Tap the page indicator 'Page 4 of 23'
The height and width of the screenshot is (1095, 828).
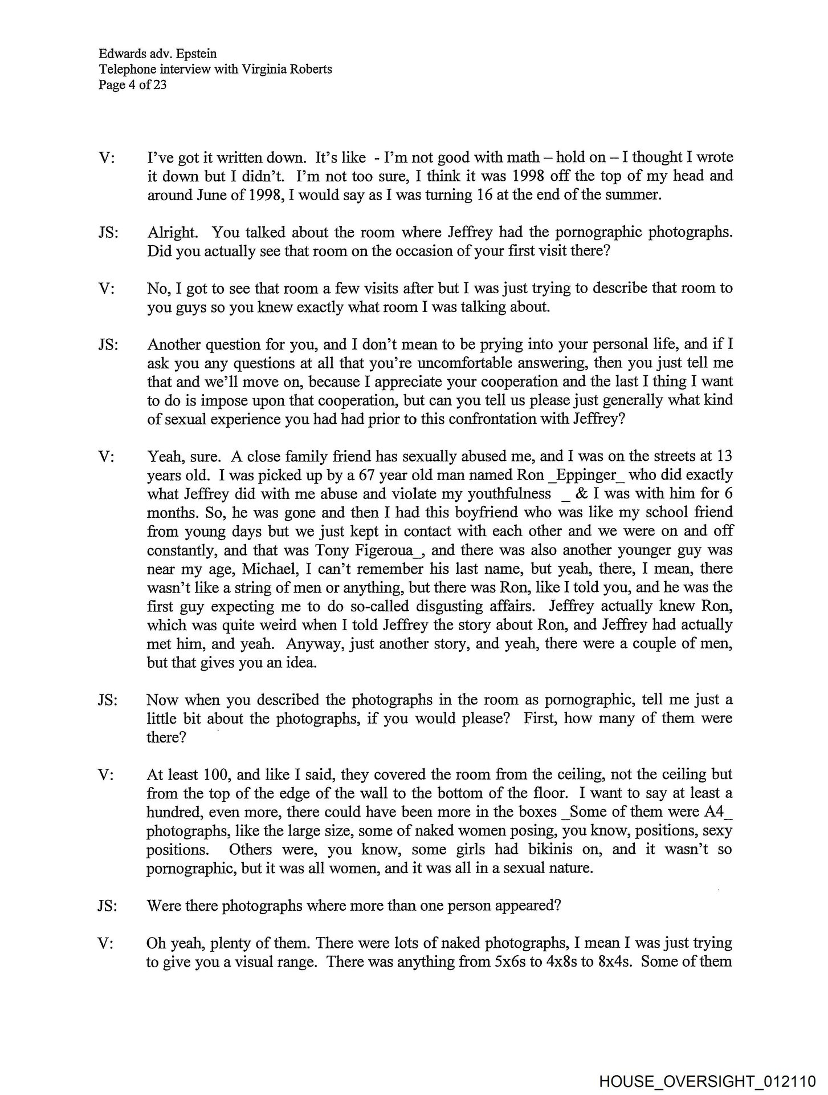(132, 86)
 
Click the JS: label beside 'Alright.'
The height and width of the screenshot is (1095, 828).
(108, 233)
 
